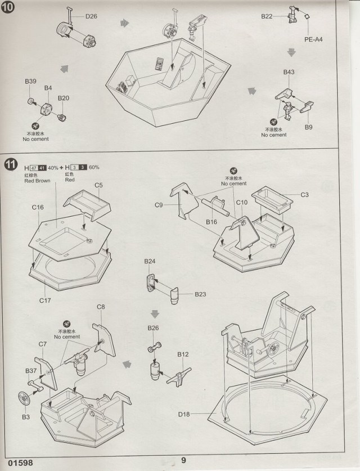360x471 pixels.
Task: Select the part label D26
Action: [x=91, y=16]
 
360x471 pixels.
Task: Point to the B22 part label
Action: [x=267, y=17]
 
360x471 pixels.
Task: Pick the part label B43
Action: [x=289, y=73]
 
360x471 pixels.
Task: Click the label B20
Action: [x=64, y=98]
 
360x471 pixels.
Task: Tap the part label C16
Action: [x=38, y=208]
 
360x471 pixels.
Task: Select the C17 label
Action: [x=45, y=300]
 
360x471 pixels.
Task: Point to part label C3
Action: [x=305, y=195]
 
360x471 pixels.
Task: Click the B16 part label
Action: [x=211, y=222]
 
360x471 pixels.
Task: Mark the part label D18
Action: [x=184, y=415]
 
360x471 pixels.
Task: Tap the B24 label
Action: [x=150, y=262]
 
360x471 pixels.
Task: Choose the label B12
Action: [x=183, y=355]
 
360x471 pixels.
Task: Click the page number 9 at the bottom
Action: [x=183, y=460]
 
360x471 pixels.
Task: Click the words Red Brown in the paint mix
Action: [x=38, y=181]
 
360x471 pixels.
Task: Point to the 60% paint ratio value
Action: [x=93, y=168]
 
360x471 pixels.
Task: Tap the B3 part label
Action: [x=25, y=416]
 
